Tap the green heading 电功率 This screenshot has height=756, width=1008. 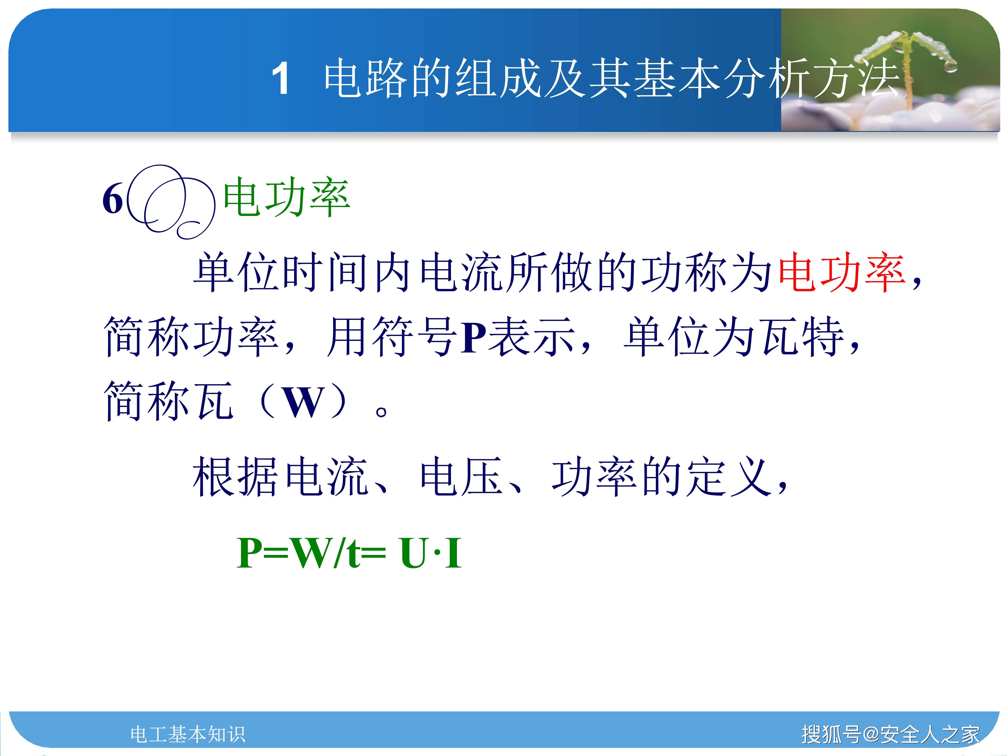pos(286,198)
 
